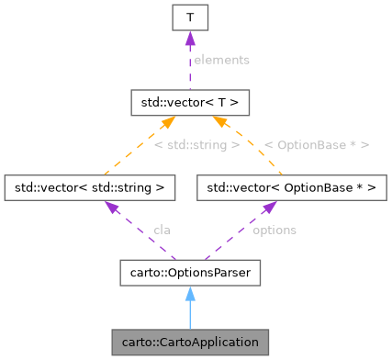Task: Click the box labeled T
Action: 188,17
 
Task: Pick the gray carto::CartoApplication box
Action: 189,343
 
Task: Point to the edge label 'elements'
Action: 220,59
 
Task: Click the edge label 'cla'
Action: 162,230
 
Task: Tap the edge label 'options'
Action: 274,230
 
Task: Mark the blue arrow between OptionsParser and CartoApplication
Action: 189,312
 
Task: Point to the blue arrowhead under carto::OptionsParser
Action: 189,292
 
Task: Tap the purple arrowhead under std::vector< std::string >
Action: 110,208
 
